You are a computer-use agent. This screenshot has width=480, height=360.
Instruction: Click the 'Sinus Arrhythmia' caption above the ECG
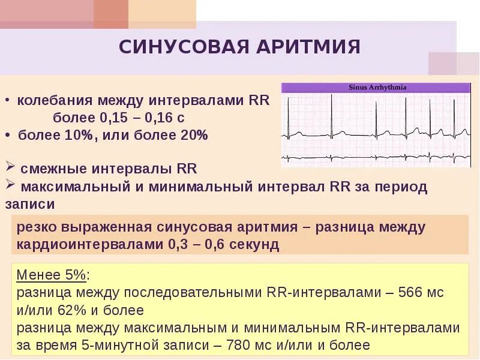click(377, 88)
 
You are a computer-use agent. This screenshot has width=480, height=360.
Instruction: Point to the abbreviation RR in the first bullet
click(259, 100)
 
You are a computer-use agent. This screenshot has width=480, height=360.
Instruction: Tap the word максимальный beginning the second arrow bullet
click(74, 187)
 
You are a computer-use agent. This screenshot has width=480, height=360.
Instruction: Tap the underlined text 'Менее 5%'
click(52, 275)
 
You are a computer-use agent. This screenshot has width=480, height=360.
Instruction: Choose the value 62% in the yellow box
click(73, 310)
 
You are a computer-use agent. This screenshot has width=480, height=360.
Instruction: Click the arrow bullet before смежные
click(10, 167)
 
